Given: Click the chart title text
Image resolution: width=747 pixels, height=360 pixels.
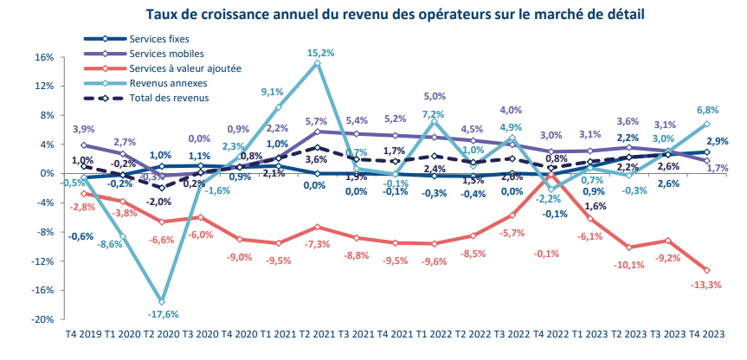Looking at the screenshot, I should [x=373, y=15].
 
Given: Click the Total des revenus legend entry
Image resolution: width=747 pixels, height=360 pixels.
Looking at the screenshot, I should [x=169, y=98].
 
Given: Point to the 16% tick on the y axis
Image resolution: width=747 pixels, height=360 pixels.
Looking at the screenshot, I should [x=43, y=58].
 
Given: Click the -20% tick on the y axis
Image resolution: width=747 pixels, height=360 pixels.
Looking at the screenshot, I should [x=42, y=319].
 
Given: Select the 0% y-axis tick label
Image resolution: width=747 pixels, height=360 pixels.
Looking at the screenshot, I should [x=47, y=174].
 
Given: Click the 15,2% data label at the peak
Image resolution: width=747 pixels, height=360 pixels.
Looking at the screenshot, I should [x=321, y=53].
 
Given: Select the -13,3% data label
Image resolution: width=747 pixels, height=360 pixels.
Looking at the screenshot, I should [x=706, y=286].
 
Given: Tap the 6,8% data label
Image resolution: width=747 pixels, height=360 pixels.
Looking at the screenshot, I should [x=706, y=110].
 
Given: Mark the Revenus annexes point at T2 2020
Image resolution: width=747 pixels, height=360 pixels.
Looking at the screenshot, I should [x=162, y=301].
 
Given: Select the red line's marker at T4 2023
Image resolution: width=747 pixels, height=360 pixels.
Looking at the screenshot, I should [x=706, y=271].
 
